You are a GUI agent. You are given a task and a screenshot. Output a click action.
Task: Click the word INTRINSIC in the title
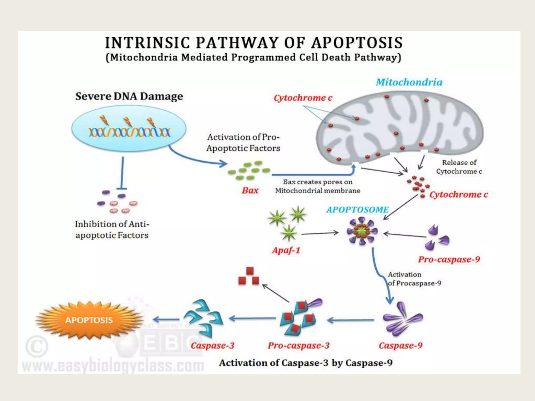pyautogui.click(x=148, y=43)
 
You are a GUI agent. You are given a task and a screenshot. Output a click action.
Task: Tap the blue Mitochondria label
pyautogui.click(x=409, y=82)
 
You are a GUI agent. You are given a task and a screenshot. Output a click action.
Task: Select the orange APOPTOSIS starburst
pyautogui.click(x=89, y=320)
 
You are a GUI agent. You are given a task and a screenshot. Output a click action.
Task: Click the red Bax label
pyautogui.click(x=250, y=190)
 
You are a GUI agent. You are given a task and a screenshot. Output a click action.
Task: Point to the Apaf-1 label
pyautogui.click(x=286, y=250)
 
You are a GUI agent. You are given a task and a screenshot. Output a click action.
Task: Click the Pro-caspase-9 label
pyautogui.click(x=449, y=259)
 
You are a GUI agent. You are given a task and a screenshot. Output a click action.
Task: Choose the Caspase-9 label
pyautogui.click(x=400, y=345)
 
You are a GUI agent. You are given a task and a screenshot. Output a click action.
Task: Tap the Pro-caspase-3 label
pyautogui.click(x=299, y=345)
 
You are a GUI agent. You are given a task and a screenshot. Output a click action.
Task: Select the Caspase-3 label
pyautogui.click(x=212, y=345)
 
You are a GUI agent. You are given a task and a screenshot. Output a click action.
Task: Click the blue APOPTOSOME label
pyautogui.click(x=357, y=210)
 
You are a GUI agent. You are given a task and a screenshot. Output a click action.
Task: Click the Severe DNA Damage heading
pyautogui.click(x=129, y=96)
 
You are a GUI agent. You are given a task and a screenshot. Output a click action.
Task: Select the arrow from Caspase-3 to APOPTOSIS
pyautogui.click(x=166, y=319)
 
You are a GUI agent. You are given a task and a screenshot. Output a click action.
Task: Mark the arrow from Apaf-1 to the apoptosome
pyautogui.click(x=320, y=233)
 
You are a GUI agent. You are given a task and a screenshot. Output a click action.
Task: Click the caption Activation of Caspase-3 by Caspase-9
pyautogui.click(x=306, y=363)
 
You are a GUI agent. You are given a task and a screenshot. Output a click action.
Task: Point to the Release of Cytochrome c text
pyautogui.click(x=459, y=167)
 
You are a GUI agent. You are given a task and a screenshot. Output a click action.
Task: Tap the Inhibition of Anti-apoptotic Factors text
pyautogui.click(x=112, y=229)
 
